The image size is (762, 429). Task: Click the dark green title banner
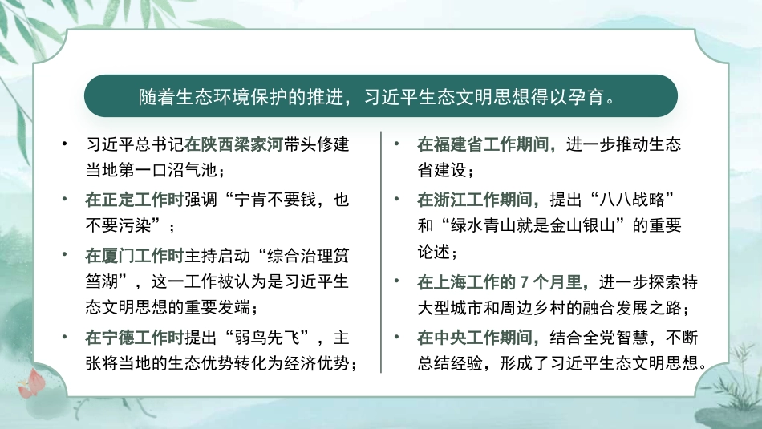(x=380, y=97)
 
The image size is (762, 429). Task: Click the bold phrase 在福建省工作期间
(x=484, y=146)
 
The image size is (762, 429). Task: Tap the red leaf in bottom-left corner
(x=32, y=383)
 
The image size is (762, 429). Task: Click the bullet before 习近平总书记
(x=64, y=147)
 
